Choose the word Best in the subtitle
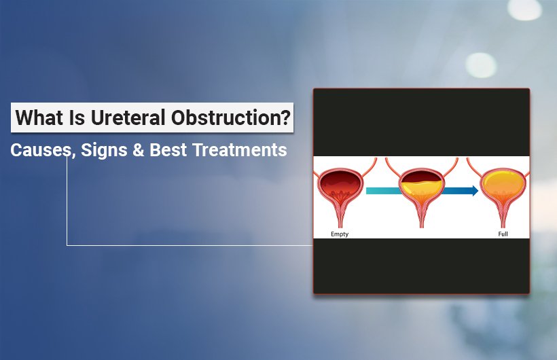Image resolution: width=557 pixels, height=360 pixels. pos(169,150)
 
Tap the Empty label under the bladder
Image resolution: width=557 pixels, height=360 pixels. pos(340,234)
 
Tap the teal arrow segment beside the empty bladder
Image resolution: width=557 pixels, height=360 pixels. pos(381,191)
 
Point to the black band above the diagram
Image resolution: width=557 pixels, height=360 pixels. pos(420,122)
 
